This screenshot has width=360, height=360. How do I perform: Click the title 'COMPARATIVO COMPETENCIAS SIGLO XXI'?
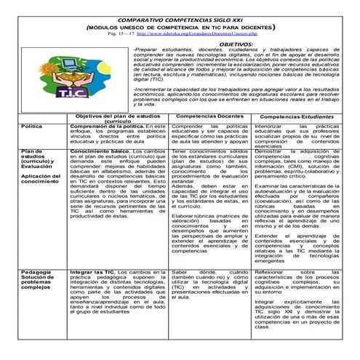tap(180, 15)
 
